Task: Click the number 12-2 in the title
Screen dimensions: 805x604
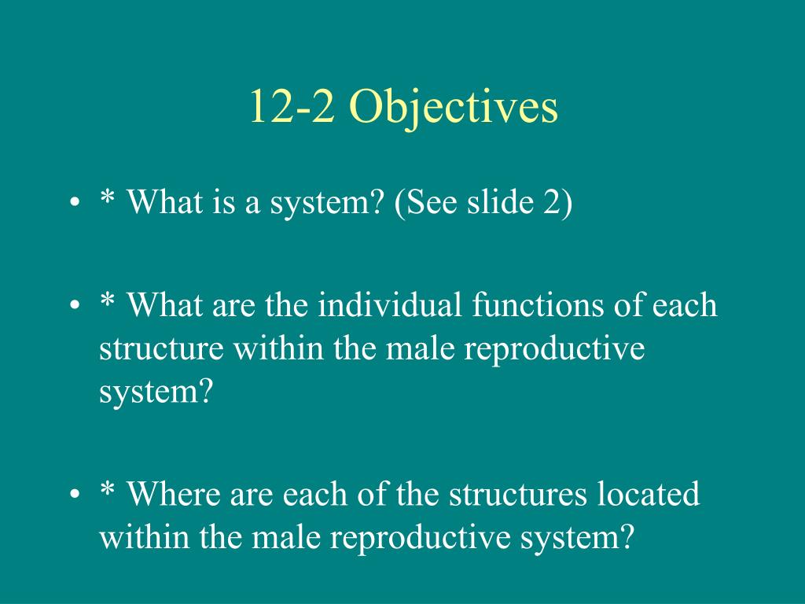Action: [x=292, y=106]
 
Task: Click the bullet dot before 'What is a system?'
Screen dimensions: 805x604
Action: [x=75, y=202]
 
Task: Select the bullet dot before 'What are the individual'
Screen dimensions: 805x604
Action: [x=75, y=305]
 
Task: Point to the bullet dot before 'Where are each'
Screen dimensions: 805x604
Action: [x=75, y=494]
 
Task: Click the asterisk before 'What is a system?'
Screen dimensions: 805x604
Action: [x=107, y=197]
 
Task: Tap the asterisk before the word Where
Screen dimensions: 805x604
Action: [x=107, y=488]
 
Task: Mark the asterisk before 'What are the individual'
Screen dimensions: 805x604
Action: [x=107, y=300]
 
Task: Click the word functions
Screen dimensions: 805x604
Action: [x=538, y=304]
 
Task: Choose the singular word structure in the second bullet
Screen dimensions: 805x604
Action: [x=161, y=349]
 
